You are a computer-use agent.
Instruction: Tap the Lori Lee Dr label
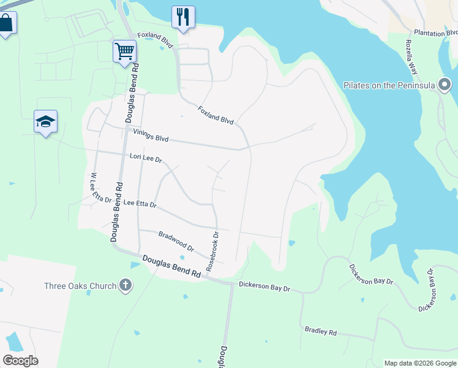(146, 158)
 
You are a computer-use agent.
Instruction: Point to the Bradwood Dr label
(176, 242)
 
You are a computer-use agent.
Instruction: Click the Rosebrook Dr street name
(212, 251)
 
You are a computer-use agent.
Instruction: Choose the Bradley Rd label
(321, 331)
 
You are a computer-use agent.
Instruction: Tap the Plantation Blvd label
(435, 33)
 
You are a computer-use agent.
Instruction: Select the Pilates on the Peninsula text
(389, 85)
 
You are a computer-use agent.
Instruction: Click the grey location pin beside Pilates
(445, 85)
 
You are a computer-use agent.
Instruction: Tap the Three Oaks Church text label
(80, 286)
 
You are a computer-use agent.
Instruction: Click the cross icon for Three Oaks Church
(126, 285)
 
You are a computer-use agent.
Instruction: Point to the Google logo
(20, 361)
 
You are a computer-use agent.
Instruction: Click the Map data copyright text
(420, 363)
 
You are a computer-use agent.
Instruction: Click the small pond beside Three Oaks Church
(135, 265)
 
